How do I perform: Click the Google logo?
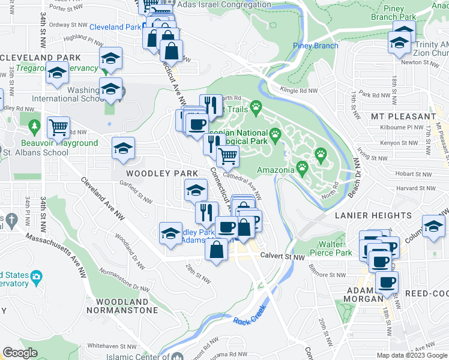coord(20,353)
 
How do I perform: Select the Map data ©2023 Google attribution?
coord(412,355)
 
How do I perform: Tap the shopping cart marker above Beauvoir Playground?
coord(58,127)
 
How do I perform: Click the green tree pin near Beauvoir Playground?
coord(34,126)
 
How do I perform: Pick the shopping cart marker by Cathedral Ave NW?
coord(227,156)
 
